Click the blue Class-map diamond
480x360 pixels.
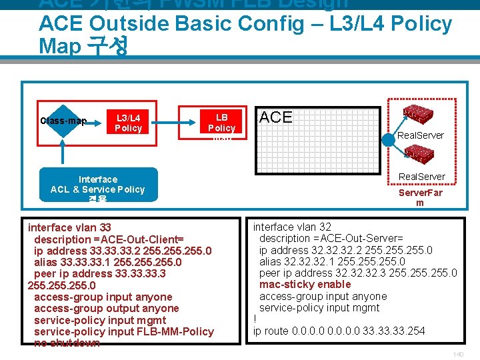(63, 121)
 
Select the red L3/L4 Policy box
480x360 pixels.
(129, 122)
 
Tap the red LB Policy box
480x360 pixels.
(221, 122)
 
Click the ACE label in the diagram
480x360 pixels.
(275, 117)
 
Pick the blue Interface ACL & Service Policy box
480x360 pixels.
(98, 184)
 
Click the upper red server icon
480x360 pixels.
(421, 114)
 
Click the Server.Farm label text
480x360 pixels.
(420, 197)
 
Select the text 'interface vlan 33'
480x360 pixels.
(69, 227)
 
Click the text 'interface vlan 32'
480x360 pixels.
(292, 227)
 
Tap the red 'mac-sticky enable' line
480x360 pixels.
(305, 285)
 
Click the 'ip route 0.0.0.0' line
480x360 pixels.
(339, 331)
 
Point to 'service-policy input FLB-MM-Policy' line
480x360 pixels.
(124, 331)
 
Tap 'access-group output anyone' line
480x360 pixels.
(107, 308)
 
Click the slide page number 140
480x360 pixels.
(457, 353)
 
